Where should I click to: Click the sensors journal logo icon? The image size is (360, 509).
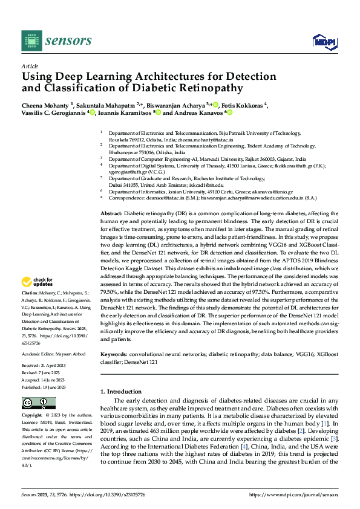(x=30, y=41)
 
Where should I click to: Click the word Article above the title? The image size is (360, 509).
(x=30, y=66)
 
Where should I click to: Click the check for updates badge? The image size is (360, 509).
(x=38, y=282)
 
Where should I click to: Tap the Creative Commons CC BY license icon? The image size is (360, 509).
(x=38, y=403)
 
